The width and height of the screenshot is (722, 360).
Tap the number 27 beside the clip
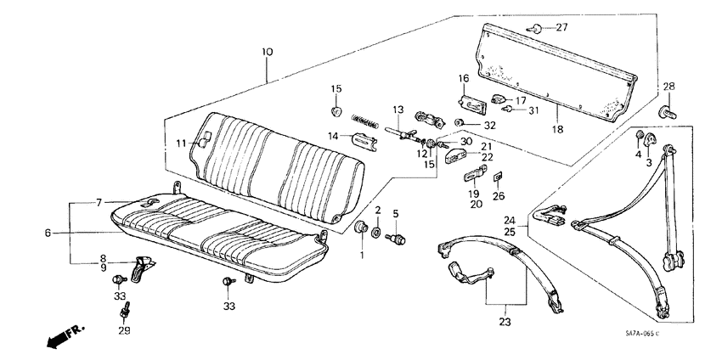[x=561, y=27]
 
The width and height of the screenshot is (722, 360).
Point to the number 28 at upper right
[x=668, y=87]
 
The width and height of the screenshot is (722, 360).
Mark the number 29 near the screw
[x=125, y=330]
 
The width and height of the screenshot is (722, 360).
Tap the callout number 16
[x=464, y=79]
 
